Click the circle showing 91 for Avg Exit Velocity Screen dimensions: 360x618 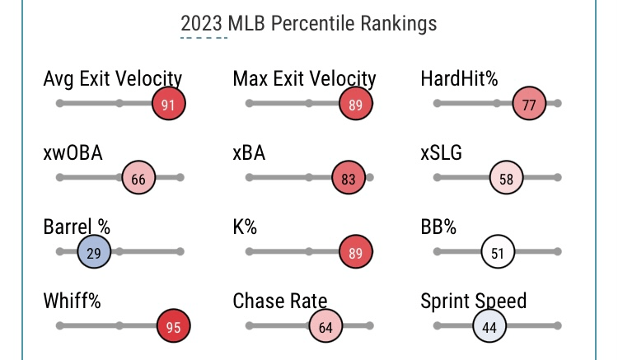pyautogui.click(x=169, y=105)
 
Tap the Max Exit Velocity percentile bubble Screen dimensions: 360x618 pyautogui.click(x=356, y=105)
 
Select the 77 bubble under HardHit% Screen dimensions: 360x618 pyautogui.click(x=529, y=105)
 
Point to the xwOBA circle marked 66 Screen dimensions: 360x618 pyautogui.click(x=138, y=179)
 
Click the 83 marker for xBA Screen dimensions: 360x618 pyautogui.click(x=349, y=179)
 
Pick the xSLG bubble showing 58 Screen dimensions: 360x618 pyautogui.click(x=507, y=179)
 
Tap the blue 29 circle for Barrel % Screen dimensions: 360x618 pyautogui.click(x=94, y=253)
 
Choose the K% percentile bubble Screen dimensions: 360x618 pyautogui.click(x=356, y=253)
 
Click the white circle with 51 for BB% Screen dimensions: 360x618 pyautogui.click(x=498, y=253)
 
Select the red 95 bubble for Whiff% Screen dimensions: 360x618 pyautogui.click(x=173, y=326)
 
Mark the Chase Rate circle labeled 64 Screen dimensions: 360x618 pyautogui.click(x=325, y=326)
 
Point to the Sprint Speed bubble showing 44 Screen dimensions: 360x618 pyautogui.click(x=489, y=326)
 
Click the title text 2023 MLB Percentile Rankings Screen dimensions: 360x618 pyautogui.click(x=309, y=23)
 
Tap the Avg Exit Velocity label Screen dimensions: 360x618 pyautogui.click(x=113, y=79)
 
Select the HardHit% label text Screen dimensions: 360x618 pyautogui.click(x=459, y=79)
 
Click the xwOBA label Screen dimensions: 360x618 pyautogui.click(x=73, y=153)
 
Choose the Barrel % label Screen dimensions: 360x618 pyautogui.click(x=77, y=227)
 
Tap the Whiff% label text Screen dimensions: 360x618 pyautogui.click(x=72, y=301)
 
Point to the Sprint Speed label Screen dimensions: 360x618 pyautogui.click(x=473, y=301)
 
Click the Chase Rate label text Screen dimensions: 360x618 pyautogui.click(x=280, y=301)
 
